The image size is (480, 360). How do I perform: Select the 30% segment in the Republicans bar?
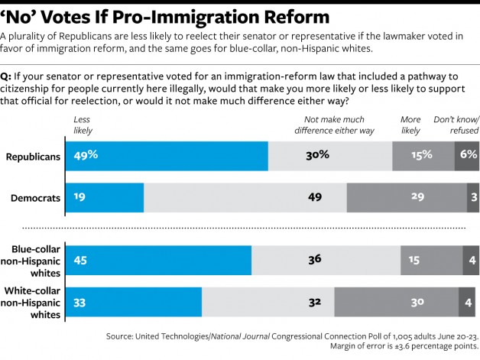(329, 155)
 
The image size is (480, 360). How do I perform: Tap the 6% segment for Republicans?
(467, 155)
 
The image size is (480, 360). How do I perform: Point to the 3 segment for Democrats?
(472, 197)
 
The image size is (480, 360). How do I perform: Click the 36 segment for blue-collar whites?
(326, 260)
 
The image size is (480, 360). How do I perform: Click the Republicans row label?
(33, 156)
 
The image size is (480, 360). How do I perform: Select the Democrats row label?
(35, 198)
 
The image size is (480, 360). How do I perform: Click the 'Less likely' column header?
(82, 125)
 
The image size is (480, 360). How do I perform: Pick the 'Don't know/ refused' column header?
(456, 125)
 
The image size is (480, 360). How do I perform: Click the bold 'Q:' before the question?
(7, 76)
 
